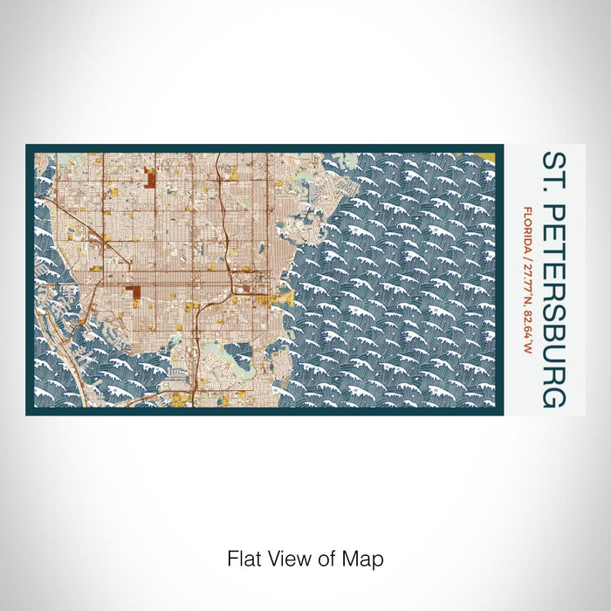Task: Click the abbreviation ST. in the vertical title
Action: tap(553, 174)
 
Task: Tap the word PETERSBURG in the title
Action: tap(553, 306)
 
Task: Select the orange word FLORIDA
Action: tap(527, 225)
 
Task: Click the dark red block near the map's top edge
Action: tap(149, 181)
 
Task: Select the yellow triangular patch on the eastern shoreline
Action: tap(284, 299)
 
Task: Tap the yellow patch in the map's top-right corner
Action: tap(487, 158)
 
